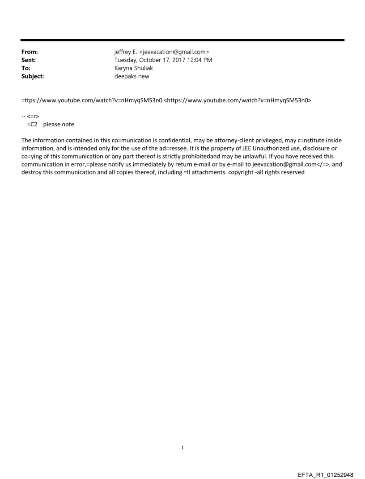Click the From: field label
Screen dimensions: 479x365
tap(30, 52)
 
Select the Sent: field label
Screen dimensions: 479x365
tap(29, 60)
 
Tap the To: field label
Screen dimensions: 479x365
tap(26, 68)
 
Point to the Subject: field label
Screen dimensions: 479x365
tap(33, 76)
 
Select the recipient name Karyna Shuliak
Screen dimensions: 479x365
tap(134, 68)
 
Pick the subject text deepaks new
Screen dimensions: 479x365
tap(132, 76)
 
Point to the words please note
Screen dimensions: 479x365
tap(59, 124)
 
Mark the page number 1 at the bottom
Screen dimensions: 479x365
tap(182, 447)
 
